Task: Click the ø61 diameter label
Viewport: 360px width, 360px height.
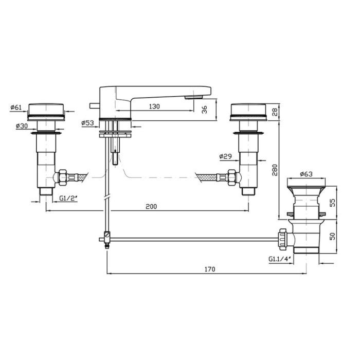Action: pyautogui.click(x=16, y=107)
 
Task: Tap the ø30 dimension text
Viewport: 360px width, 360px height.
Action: pyautogui.click(x=22, y=125)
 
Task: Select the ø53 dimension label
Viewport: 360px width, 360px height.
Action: pyautogui.click(x=88, y=123)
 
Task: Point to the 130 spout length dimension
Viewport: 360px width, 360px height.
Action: pyautogui.click(x=154, y=106)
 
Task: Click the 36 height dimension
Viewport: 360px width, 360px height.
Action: pyautogui.click(x=204, y=110)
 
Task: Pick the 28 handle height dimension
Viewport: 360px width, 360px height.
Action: pyautogui.click(x=275, y=112)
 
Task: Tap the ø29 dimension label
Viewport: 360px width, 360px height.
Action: pyautogui.click(x=225, y=156)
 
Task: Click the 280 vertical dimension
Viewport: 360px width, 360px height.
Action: pyautogui.click(x=275, y=170)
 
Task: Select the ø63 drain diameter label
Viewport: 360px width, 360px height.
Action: pyautogui.click(x=307, y=174)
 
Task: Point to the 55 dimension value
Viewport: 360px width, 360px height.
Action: pyautogui.click(x=332, y=203)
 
